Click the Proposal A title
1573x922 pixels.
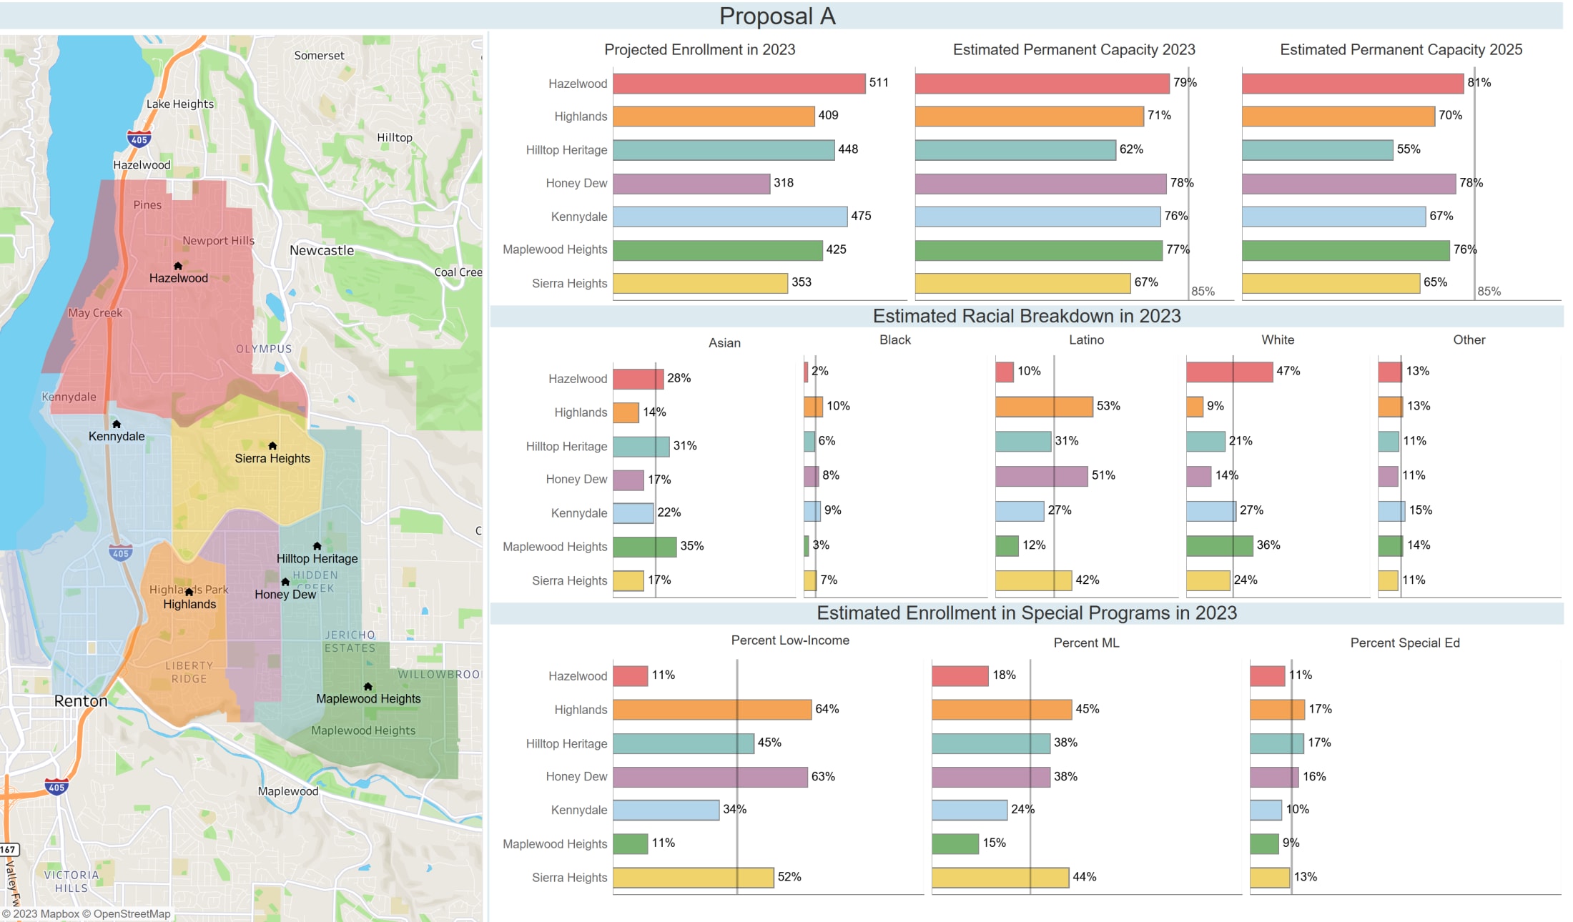click(777, 16)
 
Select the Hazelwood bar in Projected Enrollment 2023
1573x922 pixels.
click(739, 84)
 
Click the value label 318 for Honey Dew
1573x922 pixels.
click(784, 183)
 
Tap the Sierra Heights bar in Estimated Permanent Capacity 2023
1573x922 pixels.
click(1022, 283)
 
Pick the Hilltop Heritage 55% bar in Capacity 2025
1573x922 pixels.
click(1317, 150)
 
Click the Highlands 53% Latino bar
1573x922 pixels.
click(1044, 407)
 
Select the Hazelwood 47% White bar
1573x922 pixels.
click(1229, 372)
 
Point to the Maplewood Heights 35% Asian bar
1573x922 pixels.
click(644, 547)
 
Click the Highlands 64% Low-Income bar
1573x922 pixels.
click(711, 710)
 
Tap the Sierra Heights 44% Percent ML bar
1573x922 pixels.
click(1000, 878)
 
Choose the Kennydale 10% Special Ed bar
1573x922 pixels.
click(1266, 810)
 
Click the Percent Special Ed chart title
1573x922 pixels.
click(1404, 643)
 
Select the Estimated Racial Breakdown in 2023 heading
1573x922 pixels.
click(1026, 316)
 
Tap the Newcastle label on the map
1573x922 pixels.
click(322, 250)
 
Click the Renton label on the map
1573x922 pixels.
click(81, 701)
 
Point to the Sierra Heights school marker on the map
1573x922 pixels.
click(272, 445)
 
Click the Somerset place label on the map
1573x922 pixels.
click(319, 55)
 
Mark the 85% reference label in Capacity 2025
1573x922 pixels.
click(1489, 291)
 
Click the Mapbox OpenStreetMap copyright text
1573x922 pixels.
click(87, 913)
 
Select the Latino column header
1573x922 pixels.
click(1085, 339)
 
